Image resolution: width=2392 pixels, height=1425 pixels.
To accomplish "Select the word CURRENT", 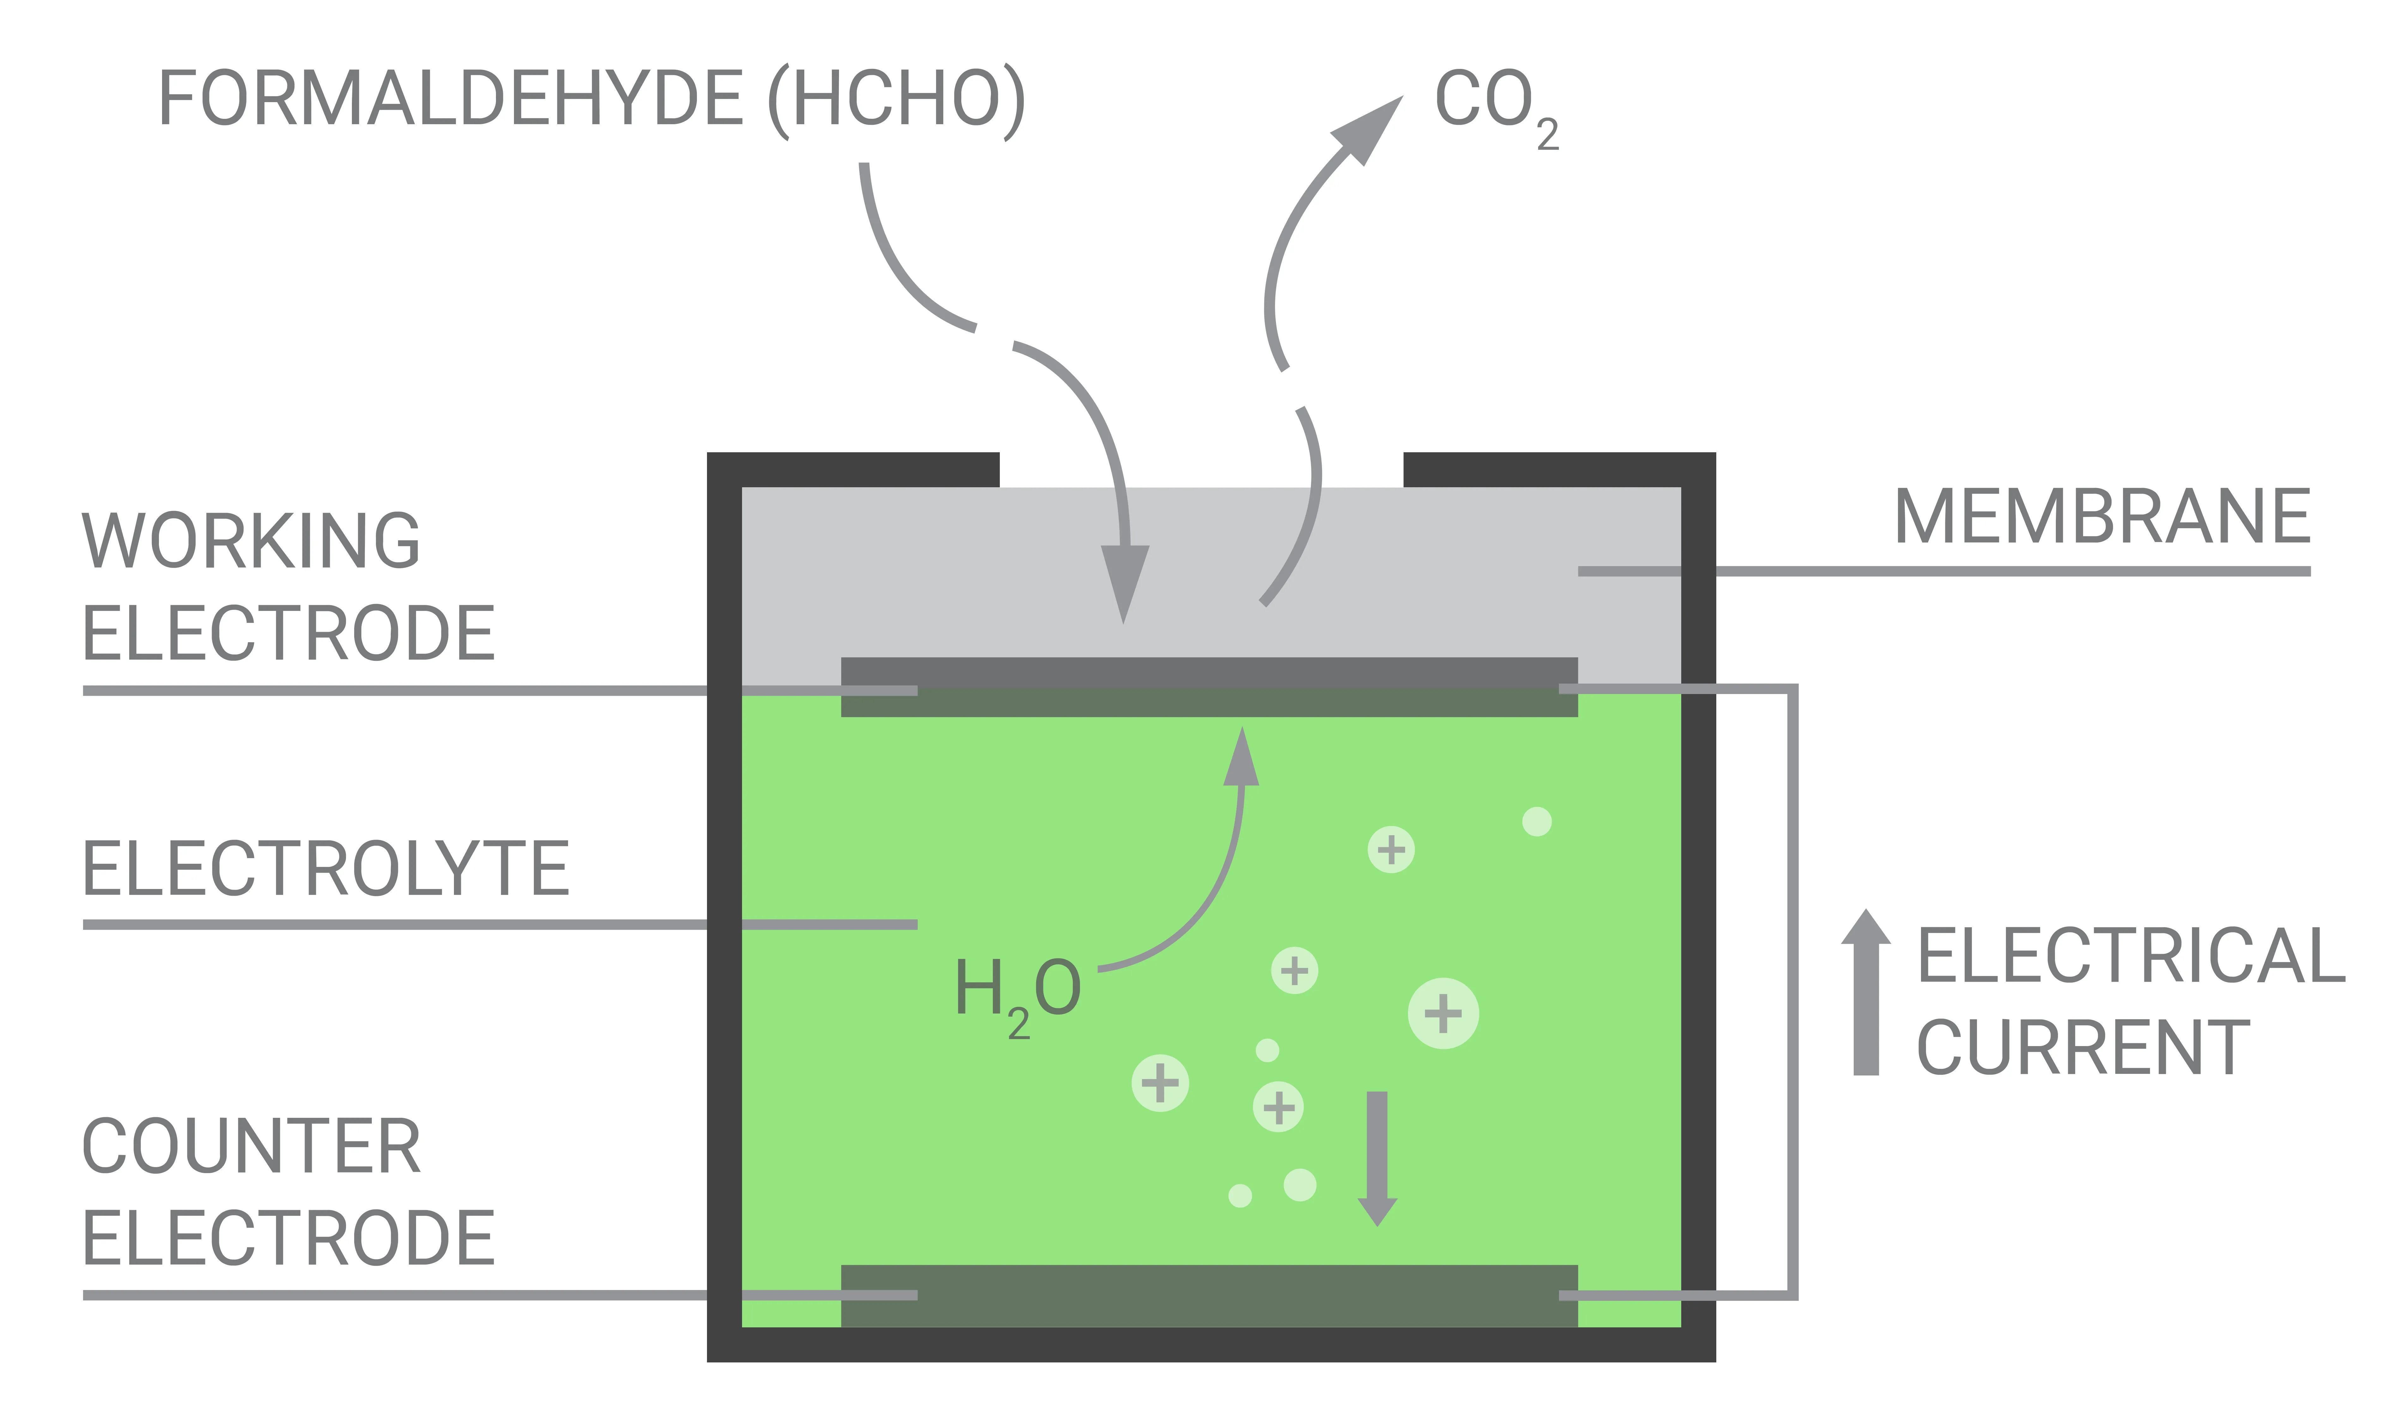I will (2083, 1049).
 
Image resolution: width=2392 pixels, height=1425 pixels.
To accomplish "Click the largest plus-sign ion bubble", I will (1443, 1013).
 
